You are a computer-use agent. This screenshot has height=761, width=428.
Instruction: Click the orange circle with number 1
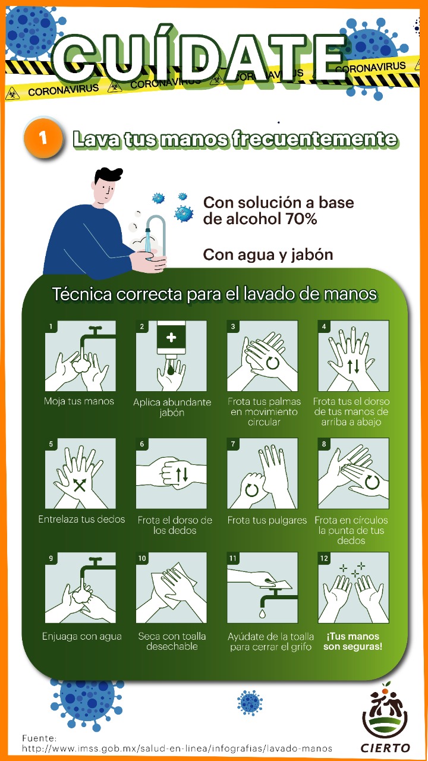(x=43, y=139)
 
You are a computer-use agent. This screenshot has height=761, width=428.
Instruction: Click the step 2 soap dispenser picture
(x=171, y=356)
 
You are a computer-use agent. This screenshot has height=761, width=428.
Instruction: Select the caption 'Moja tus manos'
(x=79, y=401)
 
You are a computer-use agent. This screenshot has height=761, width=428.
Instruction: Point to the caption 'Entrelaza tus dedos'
(x=81, y=519)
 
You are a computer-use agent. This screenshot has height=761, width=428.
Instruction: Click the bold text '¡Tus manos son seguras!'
(x=353, y=641)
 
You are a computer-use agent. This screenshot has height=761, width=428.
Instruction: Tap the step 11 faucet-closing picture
(x=262, y=587)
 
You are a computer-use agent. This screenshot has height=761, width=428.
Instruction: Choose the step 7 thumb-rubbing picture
(x=262, y=473)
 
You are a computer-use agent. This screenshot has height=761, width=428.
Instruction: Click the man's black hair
(x=108, y=176)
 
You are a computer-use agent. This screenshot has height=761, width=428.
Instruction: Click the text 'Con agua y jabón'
(x=268, y=254)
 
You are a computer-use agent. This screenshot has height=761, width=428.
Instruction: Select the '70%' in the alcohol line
(x=301, y=219)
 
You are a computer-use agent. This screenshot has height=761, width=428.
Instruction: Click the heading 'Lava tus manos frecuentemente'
(x=235, y=139)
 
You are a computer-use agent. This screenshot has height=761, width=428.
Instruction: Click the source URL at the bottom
(x=177, y=749)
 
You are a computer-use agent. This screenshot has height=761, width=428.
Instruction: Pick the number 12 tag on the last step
(x=324, y=558)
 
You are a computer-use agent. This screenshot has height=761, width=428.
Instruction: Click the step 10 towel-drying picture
(x=171, y=587)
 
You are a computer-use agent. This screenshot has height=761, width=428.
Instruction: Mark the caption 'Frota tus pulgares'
(x=267, y=520)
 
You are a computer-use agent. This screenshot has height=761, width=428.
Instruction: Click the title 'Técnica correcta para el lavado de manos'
(x=215, y=294)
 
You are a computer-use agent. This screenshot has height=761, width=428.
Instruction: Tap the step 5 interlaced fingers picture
(x=80, y=473)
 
